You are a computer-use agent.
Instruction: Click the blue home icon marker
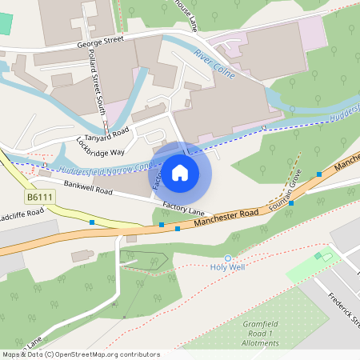(x=180, y=172)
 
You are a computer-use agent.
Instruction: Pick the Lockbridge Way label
(x=100, y=146)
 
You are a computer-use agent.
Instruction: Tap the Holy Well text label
(x=227, y=267)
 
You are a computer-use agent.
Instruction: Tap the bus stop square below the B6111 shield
(x=92, y=222)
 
